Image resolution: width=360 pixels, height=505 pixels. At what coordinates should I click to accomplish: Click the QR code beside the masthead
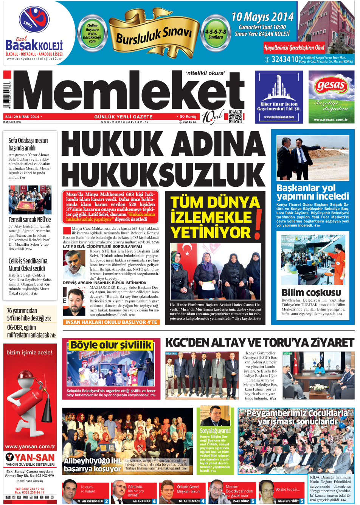tap(235, 116)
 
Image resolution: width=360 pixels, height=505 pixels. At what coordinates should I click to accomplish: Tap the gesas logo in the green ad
tap(331, 85)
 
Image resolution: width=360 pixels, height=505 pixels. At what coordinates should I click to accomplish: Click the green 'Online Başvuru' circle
tap(92, 33)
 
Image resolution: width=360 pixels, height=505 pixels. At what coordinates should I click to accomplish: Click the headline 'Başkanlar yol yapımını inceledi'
tap(312, 192)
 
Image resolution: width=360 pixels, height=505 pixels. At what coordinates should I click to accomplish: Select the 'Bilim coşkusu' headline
tap(311, 292)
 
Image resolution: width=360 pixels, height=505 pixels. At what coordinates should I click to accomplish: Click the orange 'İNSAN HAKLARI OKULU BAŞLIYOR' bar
tap(111, 322)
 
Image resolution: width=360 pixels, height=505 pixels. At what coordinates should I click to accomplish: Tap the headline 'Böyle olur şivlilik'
tap(111, 345)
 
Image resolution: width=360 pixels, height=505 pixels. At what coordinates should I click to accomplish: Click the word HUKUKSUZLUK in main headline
tap(163, 173)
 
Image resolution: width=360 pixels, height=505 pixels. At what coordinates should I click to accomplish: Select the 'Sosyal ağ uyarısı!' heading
tap(215, 431)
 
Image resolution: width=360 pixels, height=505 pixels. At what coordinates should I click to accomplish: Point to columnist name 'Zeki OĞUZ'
tap(241, 501)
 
